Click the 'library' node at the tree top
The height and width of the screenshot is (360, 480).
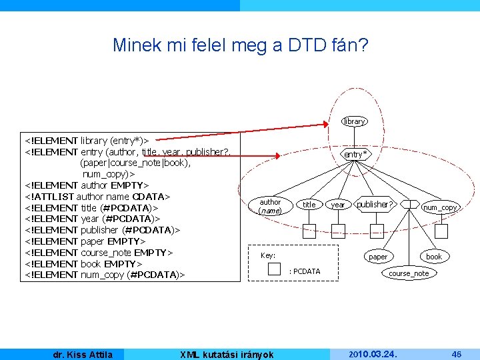click(x=354, y=121)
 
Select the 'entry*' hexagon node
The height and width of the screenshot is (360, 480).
click(x=355, y=154)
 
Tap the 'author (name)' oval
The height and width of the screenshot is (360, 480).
click(x=270, y=206)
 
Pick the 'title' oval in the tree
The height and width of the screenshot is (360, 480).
click(x=309, y=205)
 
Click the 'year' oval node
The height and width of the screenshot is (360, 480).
click(x=338, y=205)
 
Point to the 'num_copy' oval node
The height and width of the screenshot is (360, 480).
click(x=440, y=207)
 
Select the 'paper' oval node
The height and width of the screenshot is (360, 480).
click(x=378, y=257)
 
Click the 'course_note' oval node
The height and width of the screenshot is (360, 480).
click(x=409, y=273)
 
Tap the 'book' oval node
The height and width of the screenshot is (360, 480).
click(x=434, y=257)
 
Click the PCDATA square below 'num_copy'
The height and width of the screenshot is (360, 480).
click(x=441, y=231)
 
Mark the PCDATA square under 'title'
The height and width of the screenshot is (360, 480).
click(x=309, y=231)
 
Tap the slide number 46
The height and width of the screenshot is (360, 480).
click(x=457, y=354)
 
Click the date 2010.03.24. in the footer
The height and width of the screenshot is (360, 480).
click(x=373, y=354)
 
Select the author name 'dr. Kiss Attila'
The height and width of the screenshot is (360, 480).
click(x=83, y=354)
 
